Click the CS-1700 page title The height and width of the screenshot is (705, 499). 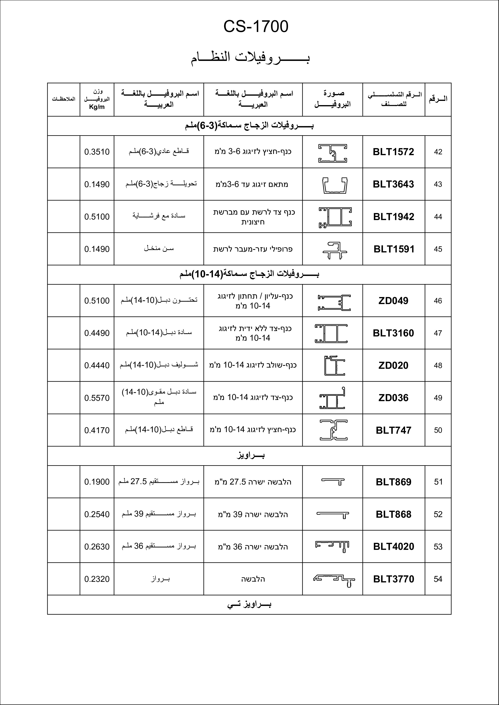tap(256, 27)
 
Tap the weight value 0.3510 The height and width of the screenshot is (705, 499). tap(97, 152)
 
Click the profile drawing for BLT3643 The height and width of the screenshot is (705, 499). tap(335, 185)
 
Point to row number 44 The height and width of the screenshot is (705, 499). tap(438, 217)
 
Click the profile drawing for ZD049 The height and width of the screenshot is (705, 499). tap(334, 302)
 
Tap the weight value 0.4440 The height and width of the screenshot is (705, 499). tap(97, 365)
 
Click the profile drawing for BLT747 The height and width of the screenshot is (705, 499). tap(334, 430)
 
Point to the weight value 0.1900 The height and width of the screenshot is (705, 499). tap(97, 482)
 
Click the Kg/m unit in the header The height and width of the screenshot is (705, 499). tap(97, 107)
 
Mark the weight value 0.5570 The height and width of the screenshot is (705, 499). tap(97, 398)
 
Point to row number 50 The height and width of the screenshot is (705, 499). tap(438, 430)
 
